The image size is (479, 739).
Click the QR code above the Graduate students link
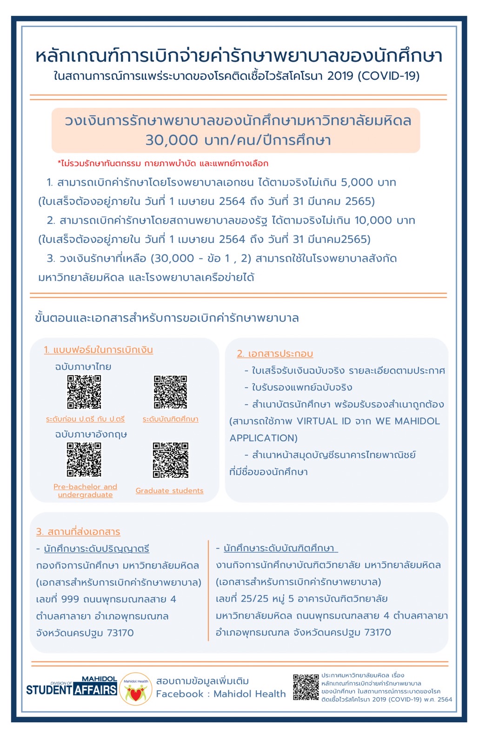pyautogui.click(x=171, y=460)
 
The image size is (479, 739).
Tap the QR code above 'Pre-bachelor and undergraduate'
pyautogui.click(x=84, y=459)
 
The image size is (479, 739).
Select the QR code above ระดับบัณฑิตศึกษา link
pyautogui.click(x=171, y=392)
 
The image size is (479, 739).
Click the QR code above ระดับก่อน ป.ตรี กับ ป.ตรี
pyautogui.click(x=84, y=392)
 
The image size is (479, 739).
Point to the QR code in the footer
pyautogui.click(x=306, y=687)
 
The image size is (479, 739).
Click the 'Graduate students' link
pyautogui.click(x=169, y=490)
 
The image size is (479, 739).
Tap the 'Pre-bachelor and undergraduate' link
pyautogui.click(x=85, y=490)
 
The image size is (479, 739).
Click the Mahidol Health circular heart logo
pyautogui.click(x=136, y=689)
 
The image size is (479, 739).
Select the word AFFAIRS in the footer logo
pyautogui.click(x=95, y=690)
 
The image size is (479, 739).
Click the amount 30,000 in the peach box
pyautogui.click(x=172, y=140)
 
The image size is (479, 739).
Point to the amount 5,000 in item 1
pyautogui.click(x=357, y=183)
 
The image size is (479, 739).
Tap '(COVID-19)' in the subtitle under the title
pyautogui.click(x=388, y=76)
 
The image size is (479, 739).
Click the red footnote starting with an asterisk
pyautogui.click(x=163, y=163)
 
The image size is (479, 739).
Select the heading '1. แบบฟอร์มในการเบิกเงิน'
pyautogui.click(x=98, y=350)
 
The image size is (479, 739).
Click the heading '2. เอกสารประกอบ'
pyautogui.click(x=275, y=353)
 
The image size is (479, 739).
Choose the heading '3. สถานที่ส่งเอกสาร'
pyautogui.click(x=78, y=532)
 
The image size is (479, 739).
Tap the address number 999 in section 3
pyautogui.click(x=70, y=599)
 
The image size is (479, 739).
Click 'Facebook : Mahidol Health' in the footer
pyautogui.click(x=221, y=694)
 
